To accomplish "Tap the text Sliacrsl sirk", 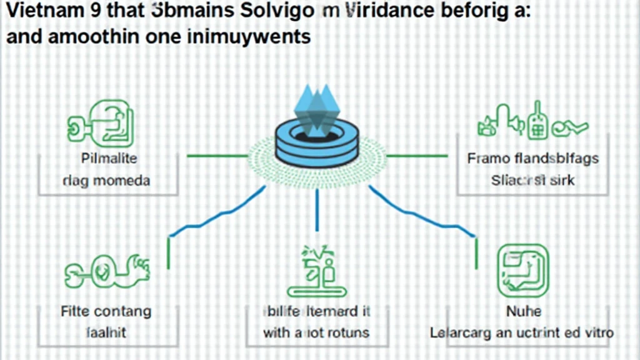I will pyautogui.click(x=533, y=181).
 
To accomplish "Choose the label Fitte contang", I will pyautogui.click(x=106, y=310).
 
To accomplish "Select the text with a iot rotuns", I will pyautogui.click(x=316, y=332).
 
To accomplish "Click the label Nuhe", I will pyautogui.click(x=524, y=310).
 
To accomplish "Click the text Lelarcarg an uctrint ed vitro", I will pyautogui.click(x=522, y=332).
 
